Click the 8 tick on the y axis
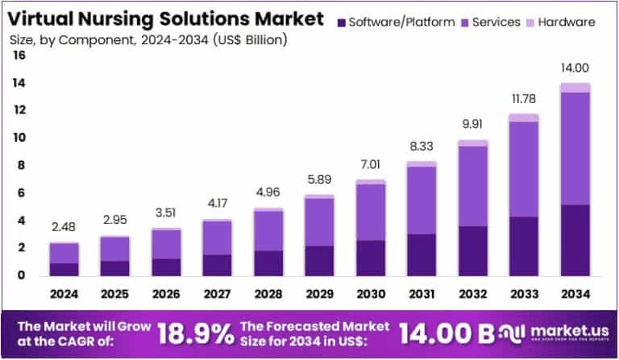tap(22, 166)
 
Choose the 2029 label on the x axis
tap(297, 294)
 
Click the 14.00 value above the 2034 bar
tap(575, 69)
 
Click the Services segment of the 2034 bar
tap(575, 149)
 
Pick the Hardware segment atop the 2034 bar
tap(575, 88)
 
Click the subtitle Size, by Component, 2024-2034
tap(149, 39)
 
